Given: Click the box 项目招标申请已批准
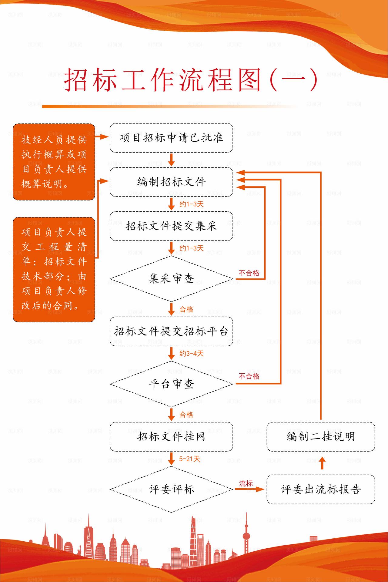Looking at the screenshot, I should coord(171,138).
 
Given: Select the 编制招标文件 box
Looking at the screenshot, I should coord(171,182).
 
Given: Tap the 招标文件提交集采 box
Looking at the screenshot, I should coord(171,226).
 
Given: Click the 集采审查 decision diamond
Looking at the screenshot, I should coord(171,278).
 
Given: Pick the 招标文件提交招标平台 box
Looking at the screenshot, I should coord(171,331).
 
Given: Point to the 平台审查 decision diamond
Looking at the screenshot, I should coord(171,384).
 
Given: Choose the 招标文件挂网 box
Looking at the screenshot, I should coord(171,436).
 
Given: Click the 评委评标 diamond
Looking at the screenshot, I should coord(171,489).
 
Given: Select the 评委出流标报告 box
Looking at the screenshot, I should coord(321,489).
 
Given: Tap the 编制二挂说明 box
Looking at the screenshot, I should coord(321,436).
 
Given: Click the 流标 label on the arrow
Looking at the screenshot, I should coord(246,483).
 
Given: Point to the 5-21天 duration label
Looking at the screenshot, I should coord(189,459).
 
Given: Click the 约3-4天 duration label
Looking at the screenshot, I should coord(191,353).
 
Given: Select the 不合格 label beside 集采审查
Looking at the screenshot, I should coord(249,273).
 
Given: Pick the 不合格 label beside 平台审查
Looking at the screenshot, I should coord(249,376).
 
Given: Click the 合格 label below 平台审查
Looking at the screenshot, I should coord(186,415).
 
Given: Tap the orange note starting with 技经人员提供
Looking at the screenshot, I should coord(54,162).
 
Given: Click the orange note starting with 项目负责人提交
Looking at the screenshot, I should coord(54,269).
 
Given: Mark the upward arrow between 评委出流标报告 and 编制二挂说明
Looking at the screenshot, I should coord(322,463).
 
